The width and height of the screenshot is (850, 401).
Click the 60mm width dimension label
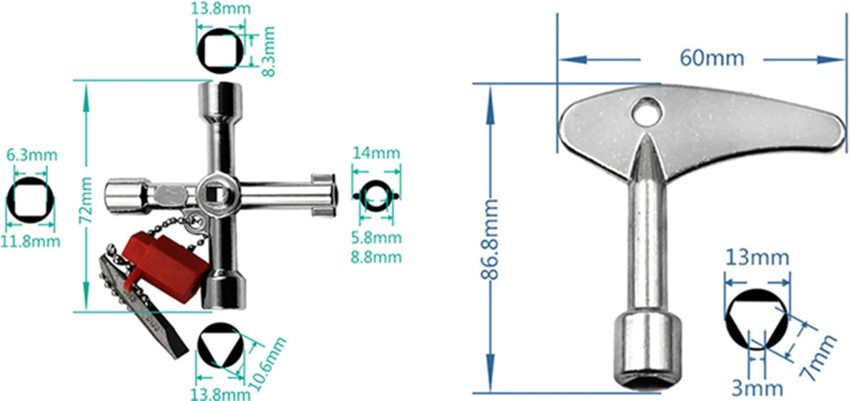pos(712,58)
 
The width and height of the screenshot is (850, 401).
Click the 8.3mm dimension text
pos(269,51)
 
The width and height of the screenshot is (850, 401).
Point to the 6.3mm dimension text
pos(32,155)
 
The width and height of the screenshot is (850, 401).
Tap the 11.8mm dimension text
pos(30,242)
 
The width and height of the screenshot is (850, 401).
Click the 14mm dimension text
pos(376,153)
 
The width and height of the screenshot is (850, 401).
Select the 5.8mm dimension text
pos(376,238)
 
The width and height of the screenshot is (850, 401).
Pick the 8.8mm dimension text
pos(376,257)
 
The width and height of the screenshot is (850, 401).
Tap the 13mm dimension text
pos(757,258)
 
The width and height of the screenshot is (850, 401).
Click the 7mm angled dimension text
pos(817,357)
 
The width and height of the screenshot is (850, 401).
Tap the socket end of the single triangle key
pos(648,351)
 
